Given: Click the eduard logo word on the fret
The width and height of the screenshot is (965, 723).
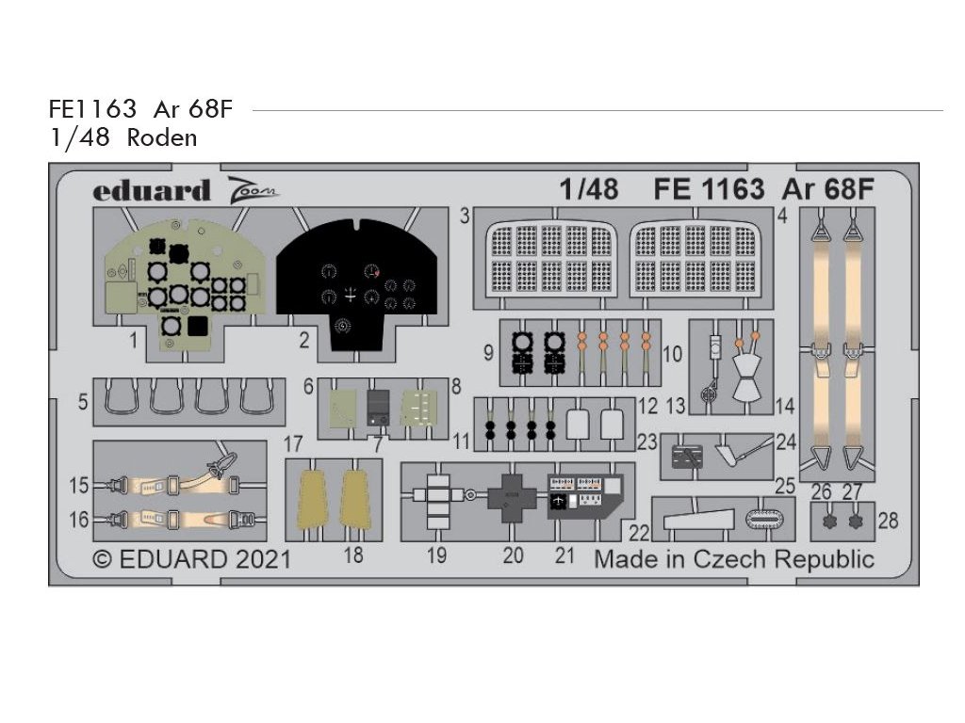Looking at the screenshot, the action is pos(151,191).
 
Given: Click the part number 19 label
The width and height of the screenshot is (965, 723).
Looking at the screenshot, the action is pos(436,555).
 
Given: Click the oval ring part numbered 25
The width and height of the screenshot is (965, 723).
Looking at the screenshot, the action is pos(762,517).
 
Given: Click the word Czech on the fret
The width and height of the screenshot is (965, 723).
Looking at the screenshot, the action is pos(730,558).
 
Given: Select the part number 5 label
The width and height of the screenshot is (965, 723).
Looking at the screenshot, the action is pos(83,402).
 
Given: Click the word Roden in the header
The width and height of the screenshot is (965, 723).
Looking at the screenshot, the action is pos(162,137).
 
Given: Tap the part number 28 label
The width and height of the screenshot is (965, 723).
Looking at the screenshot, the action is pos(888,520).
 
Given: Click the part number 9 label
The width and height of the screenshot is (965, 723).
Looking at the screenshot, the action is pos(488,353).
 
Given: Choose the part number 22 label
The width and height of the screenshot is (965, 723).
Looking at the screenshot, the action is pos(640,532).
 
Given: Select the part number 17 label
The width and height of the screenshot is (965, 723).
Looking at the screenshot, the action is pos(293,442).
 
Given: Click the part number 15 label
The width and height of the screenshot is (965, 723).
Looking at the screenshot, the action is pos(79,487).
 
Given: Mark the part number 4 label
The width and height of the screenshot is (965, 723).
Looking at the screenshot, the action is pos(782,216).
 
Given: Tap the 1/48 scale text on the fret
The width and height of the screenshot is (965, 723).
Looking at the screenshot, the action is pos(588,190).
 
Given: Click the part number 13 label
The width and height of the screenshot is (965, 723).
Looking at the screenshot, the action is pos(675,406).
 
